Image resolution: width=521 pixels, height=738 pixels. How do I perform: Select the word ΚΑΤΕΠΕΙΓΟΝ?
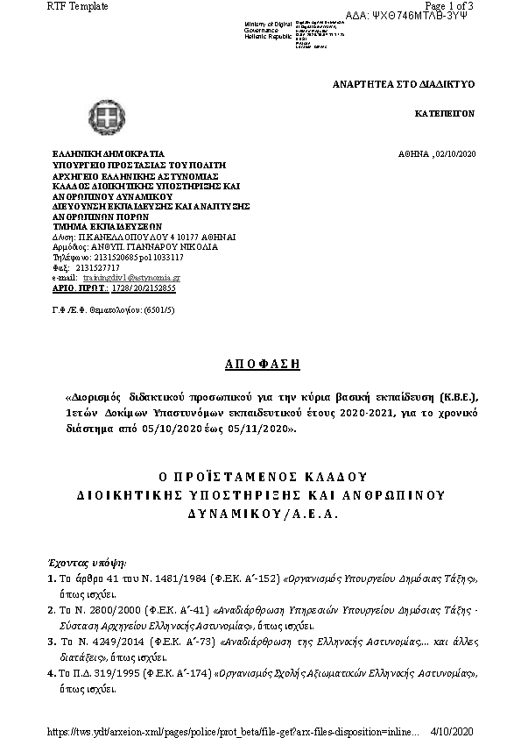[444, 115]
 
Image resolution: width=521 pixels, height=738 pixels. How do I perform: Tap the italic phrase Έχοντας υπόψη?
[86, 560]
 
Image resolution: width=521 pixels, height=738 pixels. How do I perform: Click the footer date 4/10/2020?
[453, 730]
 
